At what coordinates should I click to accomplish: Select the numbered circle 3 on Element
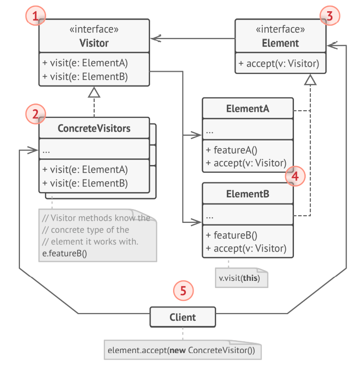click(x=329, y=16)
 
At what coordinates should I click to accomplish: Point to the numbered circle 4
click(x=294, y=176)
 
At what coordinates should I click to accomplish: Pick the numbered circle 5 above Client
click(x=183, y=291)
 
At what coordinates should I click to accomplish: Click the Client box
click(x=183, y=317)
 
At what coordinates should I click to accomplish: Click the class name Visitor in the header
click(x=94, y=43)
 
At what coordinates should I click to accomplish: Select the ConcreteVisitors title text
click(x=94, y=128)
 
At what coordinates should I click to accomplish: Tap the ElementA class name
click(x=248, y=109)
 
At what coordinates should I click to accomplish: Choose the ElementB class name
click(x=248, y=195)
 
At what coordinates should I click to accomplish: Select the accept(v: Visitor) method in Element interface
click(x=279, y=64)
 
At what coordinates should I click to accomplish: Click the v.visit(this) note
click(x=239, y=279)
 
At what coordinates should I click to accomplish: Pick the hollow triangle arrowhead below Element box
click(x=310, y=79)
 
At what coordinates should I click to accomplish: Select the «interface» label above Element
click(x=280, y=29)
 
